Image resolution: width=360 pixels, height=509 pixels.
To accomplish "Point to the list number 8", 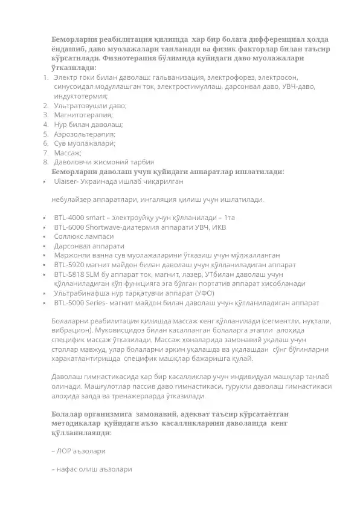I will click(45, 162).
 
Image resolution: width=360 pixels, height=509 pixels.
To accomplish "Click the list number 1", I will click(45, 78).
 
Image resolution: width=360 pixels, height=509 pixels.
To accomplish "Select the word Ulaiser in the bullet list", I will click(65, 181).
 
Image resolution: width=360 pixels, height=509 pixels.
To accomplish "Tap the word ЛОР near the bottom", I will click(65, 450).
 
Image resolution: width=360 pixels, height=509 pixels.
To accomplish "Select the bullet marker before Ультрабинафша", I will click(45, 293).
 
